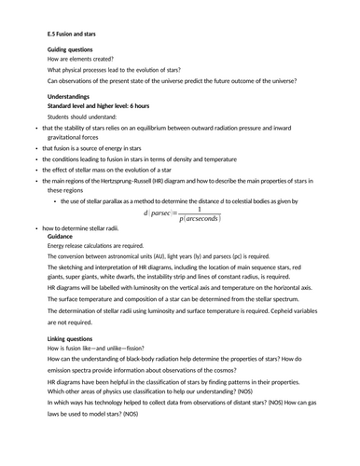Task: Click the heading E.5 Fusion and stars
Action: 76,33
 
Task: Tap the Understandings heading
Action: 70,94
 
